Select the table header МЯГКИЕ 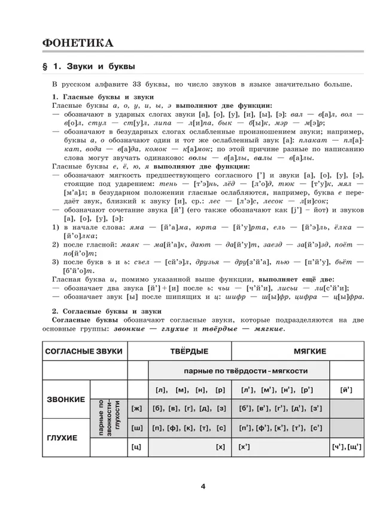pos(309,351)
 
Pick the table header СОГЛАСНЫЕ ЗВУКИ pos(84,351)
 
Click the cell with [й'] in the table pos(346,390)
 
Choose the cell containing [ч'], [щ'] pos(346,447)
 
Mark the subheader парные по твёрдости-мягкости pos(238,370)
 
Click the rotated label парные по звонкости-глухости pos(108,418)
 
